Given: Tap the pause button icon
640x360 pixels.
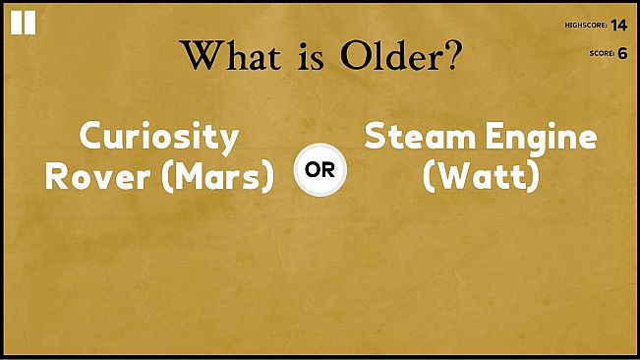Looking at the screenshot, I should click(x=23, y=24).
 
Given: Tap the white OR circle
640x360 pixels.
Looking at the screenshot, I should click(x=320, y=168).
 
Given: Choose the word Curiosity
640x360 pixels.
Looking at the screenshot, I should click(x=159, y=138).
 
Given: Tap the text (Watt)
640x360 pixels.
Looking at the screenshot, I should click(x=480, y=177).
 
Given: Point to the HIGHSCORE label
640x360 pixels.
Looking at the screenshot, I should click(x=586, y=26).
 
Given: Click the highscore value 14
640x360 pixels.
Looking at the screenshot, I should click(x=618, y=25).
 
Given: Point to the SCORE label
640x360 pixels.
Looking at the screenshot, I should click(x=601, y=54).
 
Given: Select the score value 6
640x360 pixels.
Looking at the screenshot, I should click(x=622, y=53).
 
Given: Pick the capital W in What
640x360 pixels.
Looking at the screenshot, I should click(x=202, y=56).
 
